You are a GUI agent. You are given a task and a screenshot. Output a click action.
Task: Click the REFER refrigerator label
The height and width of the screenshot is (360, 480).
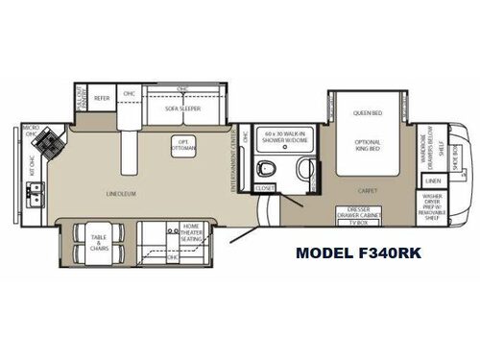point(102,97)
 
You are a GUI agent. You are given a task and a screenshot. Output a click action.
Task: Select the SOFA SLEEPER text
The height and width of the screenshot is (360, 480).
point(180,110)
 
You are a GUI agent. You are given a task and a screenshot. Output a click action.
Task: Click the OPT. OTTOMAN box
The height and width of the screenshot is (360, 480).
point(182,146)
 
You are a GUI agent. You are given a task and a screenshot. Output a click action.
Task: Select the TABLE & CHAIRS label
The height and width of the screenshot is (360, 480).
point(99,242)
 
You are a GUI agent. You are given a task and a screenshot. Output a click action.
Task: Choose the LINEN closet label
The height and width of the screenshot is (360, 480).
point(434,180)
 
